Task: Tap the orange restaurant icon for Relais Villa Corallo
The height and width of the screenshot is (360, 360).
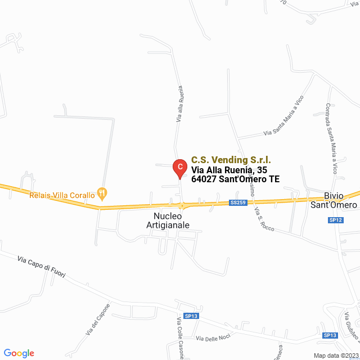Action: point(102,193)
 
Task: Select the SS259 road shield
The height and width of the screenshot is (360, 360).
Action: point(238,202)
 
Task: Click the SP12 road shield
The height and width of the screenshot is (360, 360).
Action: point(335,220)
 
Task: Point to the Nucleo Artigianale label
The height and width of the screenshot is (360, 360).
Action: point(168,220)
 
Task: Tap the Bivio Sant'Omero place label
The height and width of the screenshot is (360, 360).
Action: point(334,201)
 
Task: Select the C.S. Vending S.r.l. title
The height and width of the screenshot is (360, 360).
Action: point(231,160)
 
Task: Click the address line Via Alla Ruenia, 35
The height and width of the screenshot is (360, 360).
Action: point(229,170)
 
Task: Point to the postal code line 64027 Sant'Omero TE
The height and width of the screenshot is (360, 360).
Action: point(236,180)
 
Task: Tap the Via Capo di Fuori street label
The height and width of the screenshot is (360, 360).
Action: point(42,267)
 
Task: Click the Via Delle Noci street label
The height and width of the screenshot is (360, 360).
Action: point(213,337)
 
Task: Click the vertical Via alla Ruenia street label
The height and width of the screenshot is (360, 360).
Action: point(180,104)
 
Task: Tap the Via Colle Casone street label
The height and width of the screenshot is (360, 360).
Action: point(181,337)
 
